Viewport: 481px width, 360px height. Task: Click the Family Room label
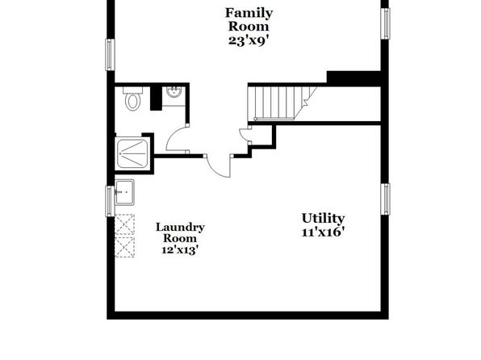point(249,19)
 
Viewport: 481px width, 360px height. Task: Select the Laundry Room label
point(180,232)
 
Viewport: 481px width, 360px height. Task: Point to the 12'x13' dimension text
point(179,250)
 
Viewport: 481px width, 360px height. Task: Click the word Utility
point(323,219)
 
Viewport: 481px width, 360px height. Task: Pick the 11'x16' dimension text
point(321,232)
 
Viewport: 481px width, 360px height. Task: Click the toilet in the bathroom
point(133,98)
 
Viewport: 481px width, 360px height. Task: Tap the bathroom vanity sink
point(174,92)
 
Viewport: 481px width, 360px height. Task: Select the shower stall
point(132,153)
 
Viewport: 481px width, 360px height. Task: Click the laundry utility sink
point(124,192)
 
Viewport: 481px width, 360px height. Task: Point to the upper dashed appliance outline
point(124,224)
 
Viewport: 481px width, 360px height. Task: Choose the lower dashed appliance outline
point(124,246)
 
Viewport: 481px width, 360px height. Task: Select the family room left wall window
point(110,55)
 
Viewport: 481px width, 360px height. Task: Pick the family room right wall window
point(385,23)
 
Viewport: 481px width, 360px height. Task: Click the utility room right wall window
point(385,199)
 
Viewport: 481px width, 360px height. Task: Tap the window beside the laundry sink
point(110,201)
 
